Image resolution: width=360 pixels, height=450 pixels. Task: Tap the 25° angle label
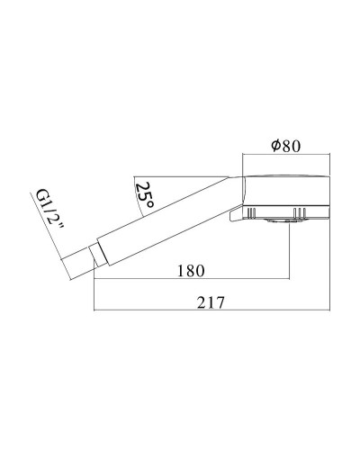[x=143, y=193]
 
